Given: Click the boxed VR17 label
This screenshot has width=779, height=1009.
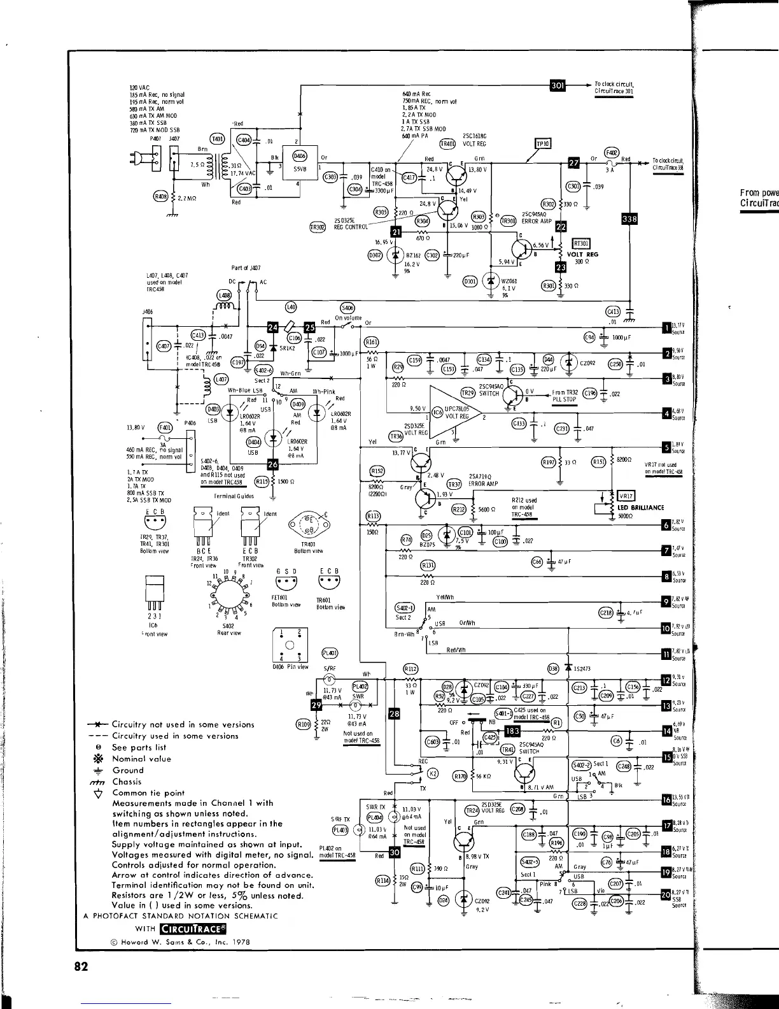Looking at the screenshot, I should pyautogui.click(x=624, y=496).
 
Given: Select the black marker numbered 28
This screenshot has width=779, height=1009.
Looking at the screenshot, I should pyautogui.click(x=395, y=713).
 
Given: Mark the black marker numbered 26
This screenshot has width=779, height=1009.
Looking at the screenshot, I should pyautogui.click(x=273, y=464).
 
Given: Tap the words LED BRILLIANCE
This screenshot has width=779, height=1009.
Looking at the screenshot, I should pyautogui.click(x=640, y=508).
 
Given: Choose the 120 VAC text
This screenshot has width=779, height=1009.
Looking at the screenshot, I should pyautogui.click(x=139, y=87).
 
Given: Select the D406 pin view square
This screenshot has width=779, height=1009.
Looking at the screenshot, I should pyautogui.click(x=289, y=645).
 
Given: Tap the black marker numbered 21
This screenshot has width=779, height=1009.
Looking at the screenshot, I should pyautogui.click(x=396, y=232).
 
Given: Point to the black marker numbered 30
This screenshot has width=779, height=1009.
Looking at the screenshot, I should pyautogui.click(x=394, y=852).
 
